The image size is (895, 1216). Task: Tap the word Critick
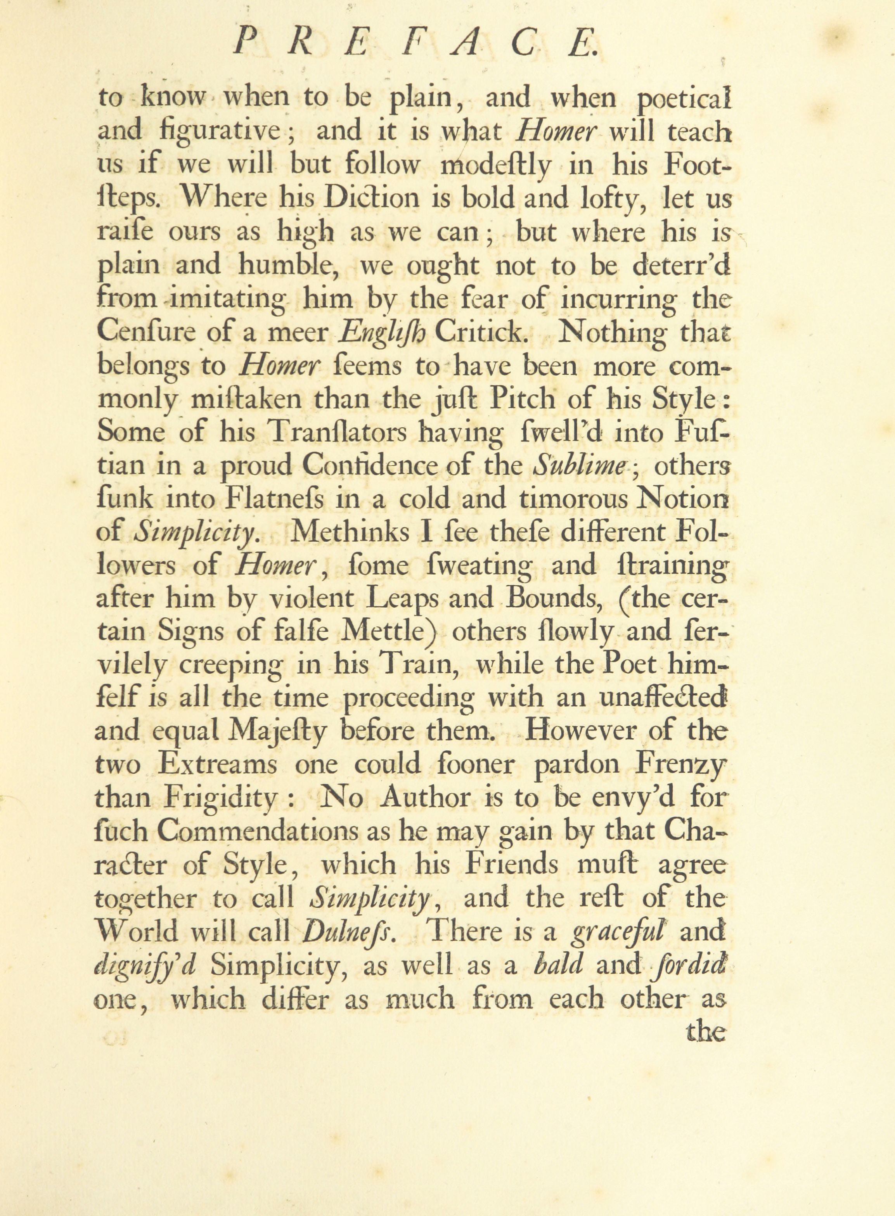pyautogui.click(x=481, y=332)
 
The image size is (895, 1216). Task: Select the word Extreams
pyautogui.click(x=218, y=765)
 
